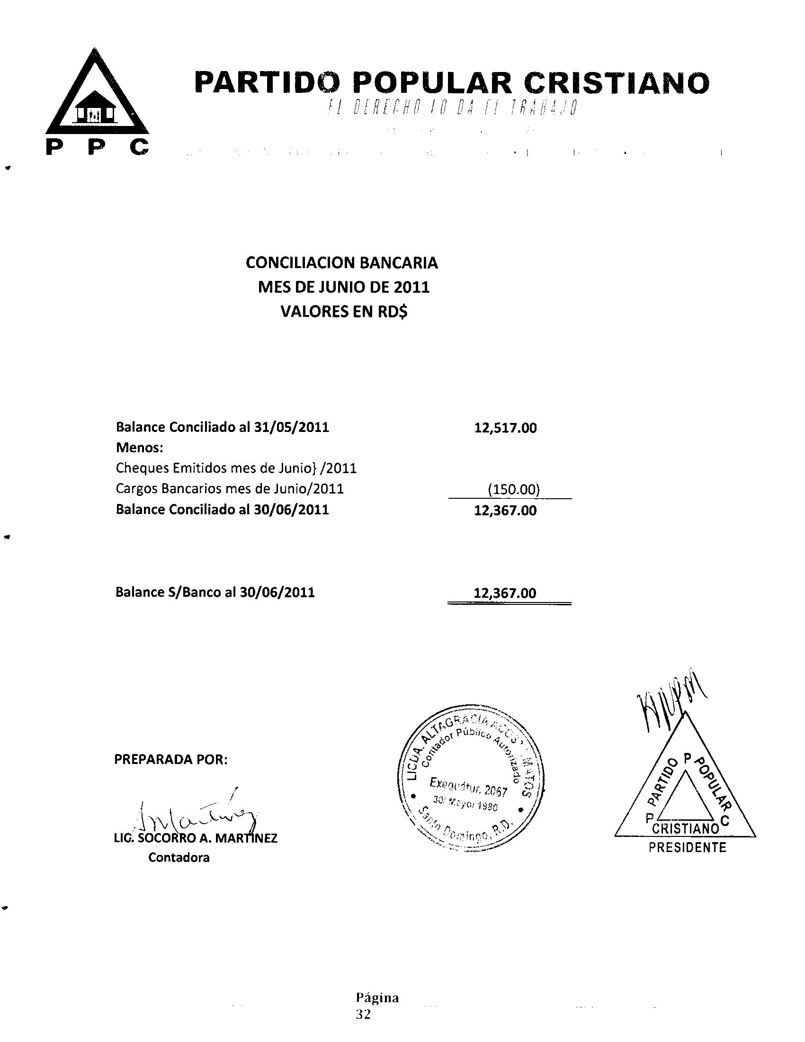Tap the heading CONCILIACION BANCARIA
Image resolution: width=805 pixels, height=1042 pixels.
click(x=341, y=263)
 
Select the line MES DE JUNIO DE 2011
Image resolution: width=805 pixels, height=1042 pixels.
click(x=343, y=287)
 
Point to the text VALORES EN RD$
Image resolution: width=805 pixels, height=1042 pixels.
click(x=344, y=312)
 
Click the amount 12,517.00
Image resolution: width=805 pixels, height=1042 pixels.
click(x=505, y=428)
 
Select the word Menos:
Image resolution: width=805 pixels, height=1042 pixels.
click(x=140, y=448)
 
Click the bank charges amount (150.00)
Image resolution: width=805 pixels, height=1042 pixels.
click(x=514, y=490)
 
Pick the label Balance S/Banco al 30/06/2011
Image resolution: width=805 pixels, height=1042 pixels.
click(x=215, y=592)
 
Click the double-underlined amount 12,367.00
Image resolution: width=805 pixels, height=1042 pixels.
click(x=505, y=593)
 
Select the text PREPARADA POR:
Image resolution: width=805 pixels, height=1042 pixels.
click(x=171, y=759)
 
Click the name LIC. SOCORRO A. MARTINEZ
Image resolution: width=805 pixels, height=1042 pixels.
click(x=196, y=838)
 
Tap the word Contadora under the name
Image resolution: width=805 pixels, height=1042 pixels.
click(x=179, y=857)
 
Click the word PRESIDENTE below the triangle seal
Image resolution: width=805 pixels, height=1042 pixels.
click(x=687, y=848)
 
